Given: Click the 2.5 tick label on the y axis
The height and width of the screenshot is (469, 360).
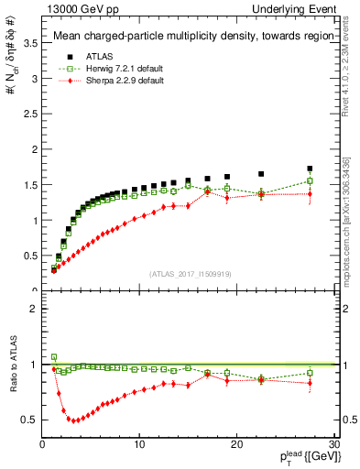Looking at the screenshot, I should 33,114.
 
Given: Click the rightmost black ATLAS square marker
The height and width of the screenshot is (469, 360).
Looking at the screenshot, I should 310,169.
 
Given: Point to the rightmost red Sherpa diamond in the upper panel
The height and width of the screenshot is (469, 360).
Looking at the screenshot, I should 310,194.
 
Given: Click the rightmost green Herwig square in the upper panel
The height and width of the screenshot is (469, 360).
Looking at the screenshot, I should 310,180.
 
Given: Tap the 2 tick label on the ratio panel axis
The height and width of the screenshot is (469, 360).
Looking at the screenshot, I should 35,309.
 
